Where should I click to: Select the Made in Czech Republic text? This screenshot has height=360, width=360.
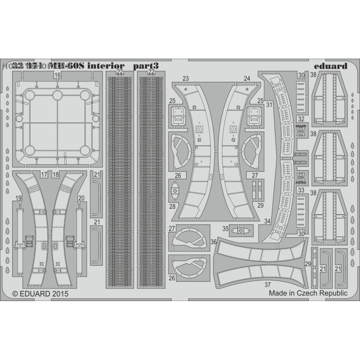pyautogui.click(x=308, y=293)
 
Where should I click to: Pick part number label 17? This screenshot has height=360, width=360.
pyautogui.click(x=44, y=174)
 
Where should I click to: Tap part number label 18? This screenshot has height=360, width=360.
pyautogui.click(x=56, y=174)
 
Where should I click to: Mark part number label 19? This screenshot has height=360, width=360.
pyautogui.click(x=18, y=198)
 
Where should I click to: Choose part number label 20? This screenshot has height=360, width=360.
pyautogui.click(x=81, y=198)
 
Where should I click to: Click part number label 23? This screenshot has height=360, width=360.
pyautogui.click(x=185, y=78)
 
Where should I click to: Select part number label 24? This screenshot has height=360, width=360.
pyautogui.click(x=247, y=78)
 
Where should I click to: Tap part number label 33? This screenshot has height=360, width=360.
pyautogui.click(x=301, y=190)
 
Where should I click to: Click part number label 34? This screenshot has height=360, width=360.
pyautogui.click(x=268, y=221)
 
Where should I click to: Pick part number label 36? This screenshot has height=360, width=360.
pyautogui.click(x=213, y=242)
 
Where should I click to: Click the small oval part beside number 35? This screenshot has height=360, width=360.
pyautogui.click(x=241, y=230)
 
